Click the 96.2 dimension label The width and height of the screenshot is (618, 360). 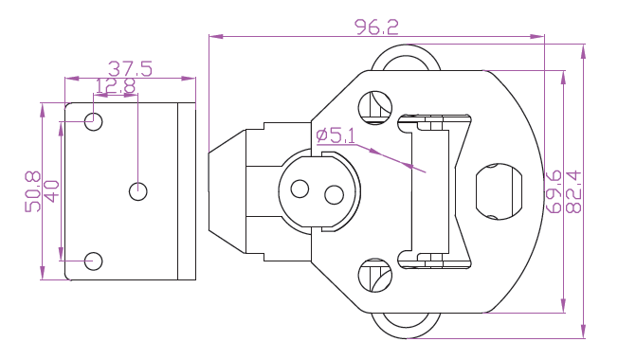tap(376, 27)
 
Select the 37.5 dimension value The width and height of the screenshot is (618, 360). tap(130, 69)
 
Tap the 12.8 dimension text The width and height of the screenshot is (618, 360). tap(116, 86)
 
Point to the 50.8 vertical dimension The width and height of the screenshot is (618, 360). tap(33, 191)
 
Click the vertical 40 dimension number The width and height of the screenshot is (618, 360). tap(51, 191)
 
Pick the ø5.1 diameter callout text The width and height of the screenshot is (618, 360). tap(336, 135)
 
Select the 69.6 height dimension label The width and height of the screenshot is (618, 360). tap(554, 191)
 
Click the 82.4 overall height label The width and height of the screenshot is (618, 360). tap(573, 191)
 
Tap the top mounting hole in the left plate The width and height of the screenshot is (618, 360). tap(94, 121)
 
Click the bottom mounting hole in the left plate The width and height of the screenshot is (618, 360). tap(94, 261)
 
